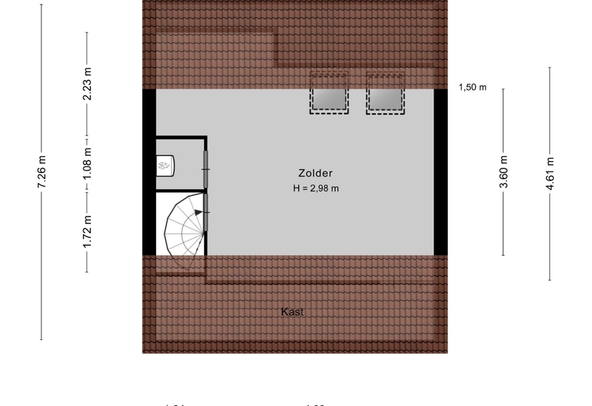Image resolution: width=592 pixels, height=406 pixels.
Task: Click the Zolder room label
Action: click(315, 172)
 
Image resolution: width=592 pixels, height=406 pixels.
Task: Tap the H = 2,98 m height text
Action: click(315, 189)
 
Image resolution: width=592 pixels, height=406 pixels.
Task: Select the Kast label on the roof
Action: click(292, 312)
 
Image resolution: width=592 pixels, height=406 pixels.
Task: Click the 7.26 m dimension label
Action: click(42, 172)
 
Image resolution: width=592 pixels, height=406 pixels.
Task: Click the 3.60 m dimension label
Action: click(504, 172)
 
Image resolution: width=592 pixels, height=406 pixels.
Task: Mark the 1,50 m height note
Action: click(472, 87)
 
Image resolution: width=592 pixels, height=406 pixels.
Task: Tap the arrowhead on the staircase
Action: click(198, 213)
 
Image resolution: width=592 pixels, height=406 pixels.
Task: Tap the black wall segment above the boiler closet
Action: click(149, 112)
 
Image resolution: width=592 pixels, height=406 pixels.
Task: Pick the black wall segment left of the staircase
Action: click(149, 222)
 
